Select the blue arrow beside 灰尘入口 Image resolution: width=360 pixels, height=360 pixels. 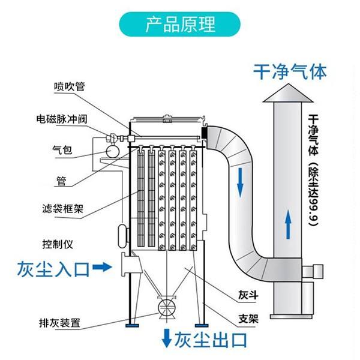pyautogui.click(x=104, y=268)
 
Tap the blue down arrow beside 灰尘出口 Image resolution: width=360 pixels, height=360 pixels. pyautogui.click(x=166, y=340)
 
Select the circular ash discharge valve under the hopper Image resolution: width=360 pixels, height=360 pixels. pyautogui.click(x=166, y=307)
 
